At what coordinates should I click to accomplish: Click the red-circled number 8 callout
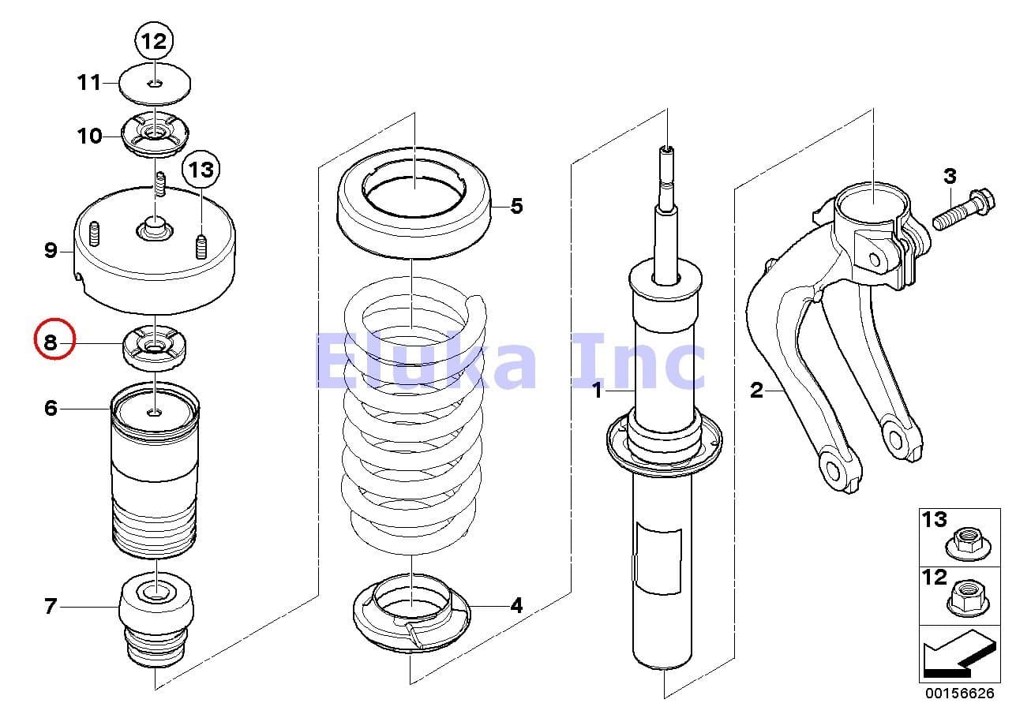point(53,342)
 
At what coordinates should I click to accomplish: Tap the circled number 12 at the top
point(154,41)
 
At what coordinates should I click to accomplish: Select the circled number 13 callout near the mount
point(201,169)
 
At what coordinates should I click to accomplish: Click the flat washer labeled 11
point(156,84)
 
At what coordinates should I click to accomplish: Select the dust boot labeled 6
point(155,473)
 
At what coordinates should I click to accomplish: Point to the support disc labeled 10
point(156,136)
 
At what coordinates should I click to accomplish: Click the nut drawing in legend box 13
point(966,543)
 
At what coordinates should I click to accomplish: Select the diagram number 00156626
point(959,694)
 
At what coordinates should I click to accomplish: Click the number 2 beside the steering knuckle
point(756,390)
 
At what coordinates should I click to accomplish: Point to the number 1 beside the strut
point(598,390)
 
